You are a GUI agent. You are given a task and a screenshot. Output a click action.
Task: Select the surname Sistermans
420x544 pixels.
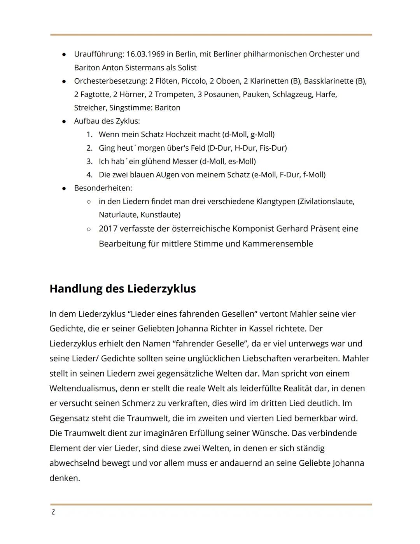tap(144, 68)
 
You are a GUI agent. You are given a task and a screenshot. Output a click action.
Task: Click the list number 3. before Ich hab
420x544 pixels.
tap(89, 161)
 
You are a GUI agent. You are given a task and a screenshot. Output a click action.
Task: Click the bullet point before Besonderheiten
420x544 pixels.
tap(64, 188)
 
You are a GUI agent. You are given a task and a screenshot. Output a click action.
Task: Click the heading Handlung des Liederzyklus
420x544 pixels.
tap(122, 289)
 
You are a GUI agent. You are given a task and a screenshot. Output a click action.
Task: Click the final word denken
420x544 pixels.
tap(65, 478)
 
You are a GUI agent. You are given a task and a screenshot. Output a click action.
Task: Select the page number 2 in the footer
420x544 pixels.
tap(53, 512)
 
